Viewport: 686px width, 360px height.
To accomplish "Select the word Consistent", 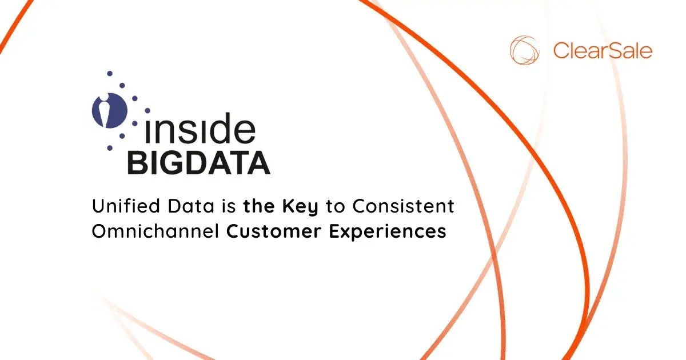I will (x=403, y=206).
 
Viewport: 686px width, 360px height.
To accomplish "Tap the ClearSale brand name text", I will (x=603, y=50).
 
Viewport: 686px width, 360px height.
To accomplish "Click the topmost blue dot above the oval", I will (x=109, y=74).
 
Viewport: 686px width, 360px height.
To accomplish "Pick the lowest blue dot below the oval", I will (x=109, y=148).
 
